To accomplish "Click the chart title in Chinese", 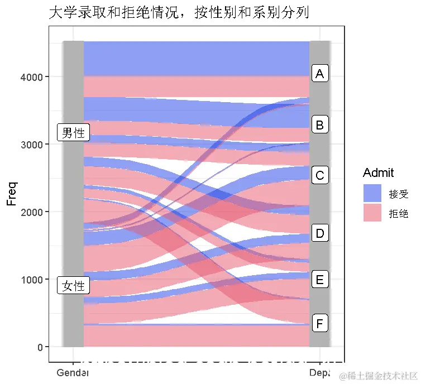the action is (179, 12).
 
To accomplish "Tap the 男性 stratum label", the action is (73, 133).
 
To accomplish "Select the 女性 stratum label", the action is (73, 286).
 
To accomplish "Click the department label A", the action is (319, 74).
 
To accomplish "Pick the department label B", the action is (319, 125).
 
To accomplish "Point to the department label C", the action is (319, 176).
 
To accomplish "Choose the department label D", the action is (319, 233).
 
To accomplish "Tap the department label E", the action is (319, 279).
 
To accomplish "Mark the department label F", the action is (319, 324).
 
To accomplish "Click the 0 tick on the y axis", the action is (40, 347).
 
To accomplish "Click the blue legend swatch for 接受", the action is (372, 193).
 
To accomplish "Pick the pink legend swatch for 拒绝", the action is (372, 213).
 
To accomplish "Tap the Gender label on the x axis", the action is (73, 372).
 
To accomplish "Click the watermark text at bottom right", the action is (380, 375).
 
